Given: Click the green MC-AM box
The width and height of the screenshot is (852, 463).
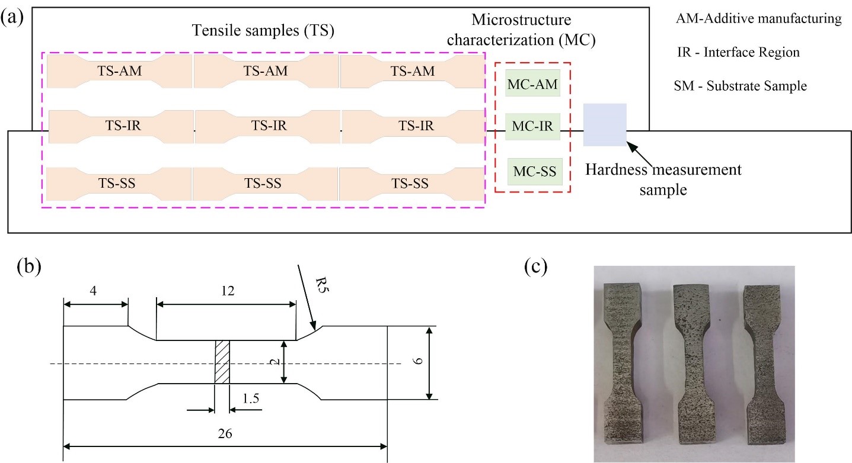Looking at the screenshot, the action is (x=532, y=83).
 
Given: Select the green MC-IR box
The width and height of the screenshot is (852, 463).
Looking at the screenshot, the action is (x=532, y=127).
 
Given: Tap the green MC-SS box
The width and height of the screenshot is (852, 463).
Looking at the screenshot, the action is (x=535, y=172).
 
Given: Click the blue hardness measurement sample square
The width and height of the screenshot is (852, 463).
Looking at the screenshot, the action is (x=605, y=124).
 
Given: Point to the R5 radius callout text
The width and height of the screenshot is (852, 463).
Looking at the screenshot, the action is (x=322, y=285).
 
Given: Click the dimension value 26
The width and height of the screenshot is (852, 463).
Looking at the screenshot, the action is (x=225, y=433).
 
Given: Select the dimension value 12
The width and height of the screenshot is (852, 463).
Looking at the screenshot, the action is (x=228, y=291).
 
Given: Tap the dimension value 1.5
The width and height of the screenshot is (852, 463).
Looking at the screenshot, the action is (x=251, y=398).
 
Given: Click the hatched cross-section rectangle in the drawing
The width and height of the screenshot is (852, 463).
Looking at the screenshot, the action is (x=222, y=362).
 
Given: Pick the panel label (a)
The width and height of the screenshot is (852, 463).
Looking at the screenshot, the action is (x=12, y=18).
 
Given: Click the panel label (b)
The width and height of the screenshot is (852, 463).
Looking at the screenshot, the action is (x=29, y=266).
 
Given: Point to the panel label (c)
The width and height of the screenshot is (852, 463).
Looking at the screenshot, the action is (x=535, y=266).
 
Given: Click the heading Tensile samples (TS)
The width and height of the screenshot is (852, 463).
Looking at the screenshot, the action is (x=263, y=30).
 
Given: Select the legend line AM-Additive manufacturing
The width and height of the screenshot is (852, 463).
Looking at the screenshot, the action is (x=758, y=18).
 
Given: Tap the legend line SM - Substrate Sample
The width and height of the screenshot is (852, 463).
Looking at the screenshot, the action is (x=740, y=86).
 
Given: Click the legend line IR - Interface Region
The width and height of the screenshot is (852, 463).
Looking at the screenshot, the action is (x=738, y=52).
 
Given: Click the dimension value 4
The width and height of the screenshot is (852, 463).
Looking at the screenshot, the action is (x=93, y=291).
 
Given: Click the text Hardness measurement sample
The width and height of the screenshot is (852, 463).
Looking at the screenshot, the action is (x=663, y=179).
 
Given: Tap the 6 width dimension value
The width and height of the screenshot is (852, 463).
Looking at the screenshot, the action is (x=417, y=361).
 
